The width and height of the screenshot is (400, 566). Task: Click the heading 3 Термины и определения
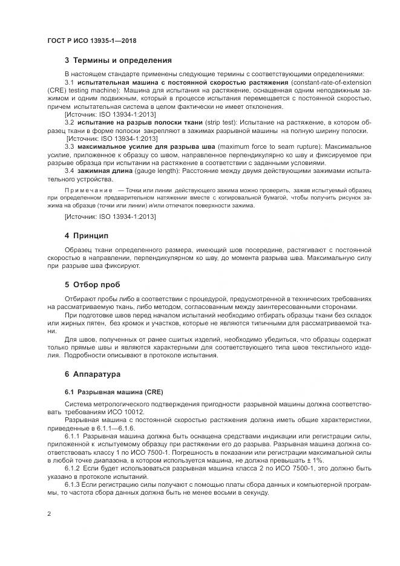[118, 60]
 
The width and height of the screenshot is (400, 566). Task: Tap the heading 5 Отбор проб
[93, 284]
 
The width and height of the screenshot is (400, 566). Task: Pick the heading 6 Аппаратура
[93, 374]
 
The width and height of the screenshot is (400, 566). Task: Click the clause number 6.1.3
[73, 486]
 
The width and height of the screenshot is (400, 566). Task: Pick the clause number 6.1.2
[73, 469]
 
